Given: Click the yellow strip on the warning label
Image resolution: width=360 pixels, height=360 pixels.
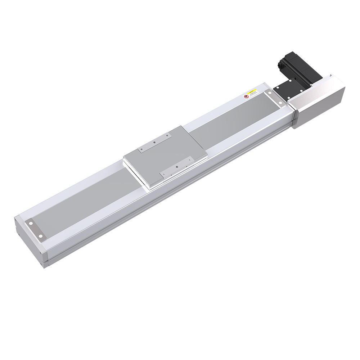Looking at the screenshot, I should coord(252,90).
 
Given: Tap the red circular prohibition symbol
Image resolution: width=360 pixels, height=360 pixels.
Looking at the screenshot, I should coord(247,96).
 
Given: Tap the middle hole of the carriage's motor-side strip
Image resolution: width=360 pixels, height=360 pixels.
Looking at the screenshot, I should coord(154,143).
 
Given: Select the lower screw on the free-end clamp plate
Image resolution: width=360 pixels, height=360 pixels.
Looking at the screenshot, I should coord(40,236).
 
